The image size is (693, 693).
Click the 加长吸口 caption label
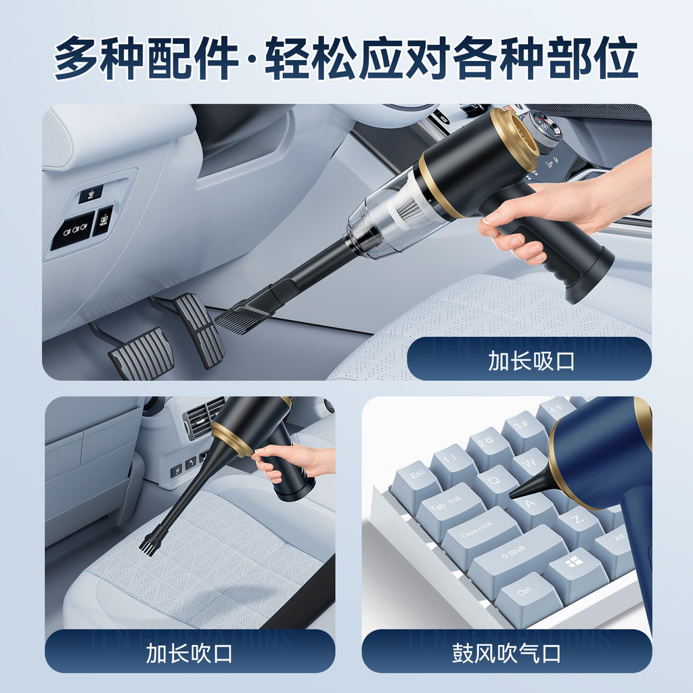point(531,360)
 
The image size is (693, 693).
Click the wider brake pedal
point(142,352)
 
